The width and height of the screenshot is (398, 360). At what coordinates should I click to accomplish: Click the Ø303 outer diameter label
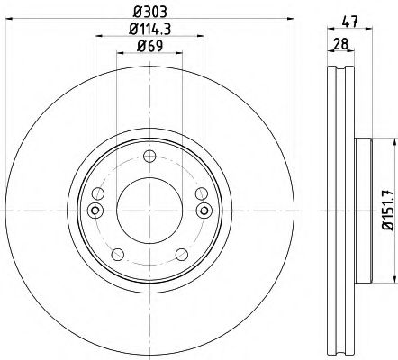coord(150,12)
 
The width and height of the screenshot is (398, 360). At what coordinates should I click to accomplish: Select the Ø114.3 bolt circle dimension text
coord(150,32)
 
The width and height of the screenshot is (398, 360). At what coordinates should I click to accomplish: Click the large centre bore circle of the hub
coord(150,211)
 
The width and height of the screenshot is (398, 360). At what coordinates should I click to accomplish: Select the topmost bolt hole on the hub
coord(150,156)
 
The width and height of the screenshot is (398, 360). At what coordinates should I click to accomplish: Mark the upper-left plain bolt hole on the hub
coord(98,193)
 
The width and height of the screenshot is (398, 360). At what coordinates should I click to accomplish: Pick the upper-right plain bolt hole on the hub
coord(203,193)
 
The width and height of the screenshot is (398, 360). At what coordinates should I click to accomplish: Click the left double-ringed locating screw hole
coord(95,211)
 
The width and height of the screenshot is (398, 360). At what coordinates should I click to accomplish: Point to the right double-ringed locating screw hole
coord(205,211)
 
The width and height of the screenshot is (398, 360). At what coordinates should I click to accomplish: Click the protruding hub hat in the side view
coord(363,211)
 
